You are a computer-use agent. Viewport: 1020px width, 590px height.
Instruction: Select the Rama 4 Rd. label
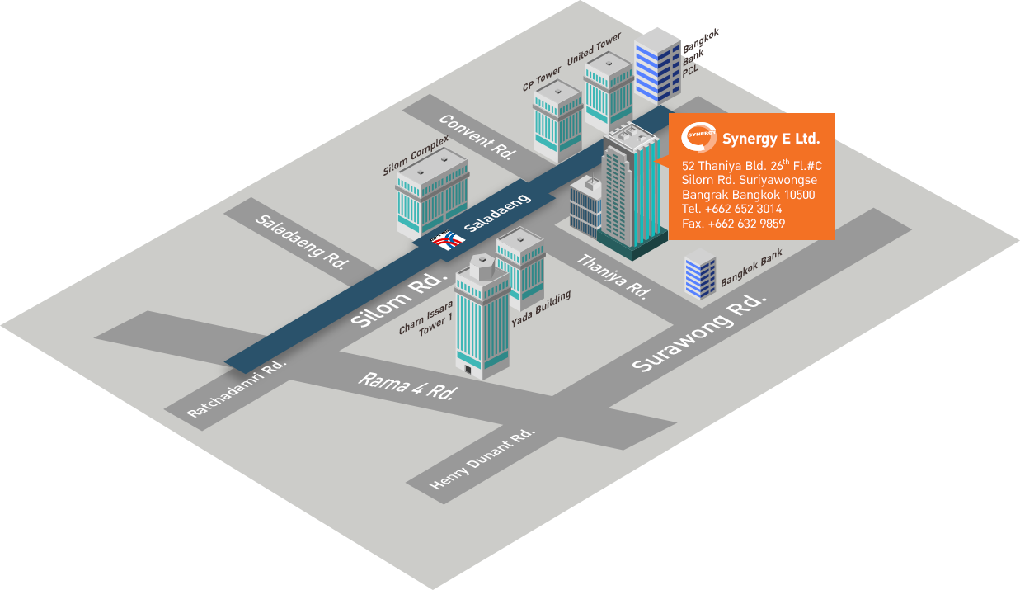[x=407, y=385]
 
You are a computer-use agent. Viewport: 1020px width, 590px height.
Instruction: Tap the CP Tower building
[x=558, y=120]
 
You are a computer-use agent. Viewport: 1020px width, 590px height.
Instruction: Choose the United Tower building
[x=608, y=92]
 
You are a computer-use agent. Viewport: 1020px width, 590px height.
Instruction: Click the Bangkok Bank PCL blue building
[x=656, y=67]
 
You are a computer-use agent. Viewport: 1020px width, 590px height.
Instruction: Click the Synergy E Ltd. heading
[x=770, y=138]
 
